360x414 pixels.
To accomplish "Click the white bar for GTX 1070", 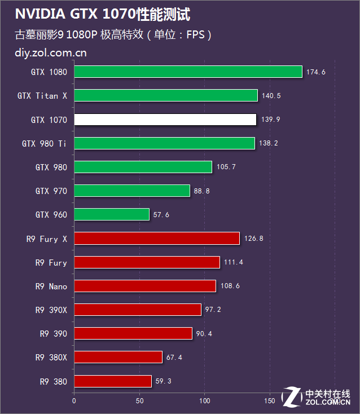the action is [165, 120].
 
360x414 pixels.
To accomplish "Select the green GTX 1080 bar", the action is [188, 72].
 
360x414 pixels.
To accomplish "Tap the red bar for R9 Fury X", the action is [157, 239].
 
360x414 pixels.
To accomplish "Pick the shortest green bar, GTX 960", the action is [112, 214].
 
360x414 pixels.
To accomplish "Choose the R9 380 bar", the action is [113, 381].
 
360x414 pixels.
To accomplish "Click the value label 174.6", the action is [316, 72].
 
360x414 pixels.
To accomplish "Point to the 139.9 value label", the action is [271, 120].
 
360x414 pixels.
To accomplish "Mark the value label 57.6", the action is [161, 215].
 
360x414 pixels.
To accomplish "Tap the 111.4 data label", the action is [234, 262].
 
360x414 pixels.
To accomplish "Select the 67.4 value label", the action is [174, 358].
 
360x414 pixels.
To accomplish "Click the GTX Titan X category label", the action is [42, 95].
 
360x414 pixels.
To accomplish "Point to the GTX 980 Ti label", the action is [44, 144].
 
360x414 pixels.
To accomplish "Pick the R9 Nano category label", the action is [51, 287].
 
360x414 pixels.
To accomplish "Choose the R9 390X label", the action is [51, 310].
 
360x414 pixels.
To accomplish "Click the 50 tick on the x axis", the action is [140, 401].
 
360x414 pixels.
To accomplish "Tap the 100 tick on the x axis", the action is [205, 401].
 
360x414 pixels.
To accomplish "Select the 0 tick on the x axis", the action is [74, 401].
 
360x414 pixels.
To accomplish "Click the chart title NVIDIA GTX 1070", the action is [75, 14].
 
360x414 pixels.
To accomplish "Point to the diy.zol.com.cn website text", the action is [51, 53].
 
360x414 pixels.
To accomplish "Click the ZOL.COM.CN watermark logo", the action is [316, 397].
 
